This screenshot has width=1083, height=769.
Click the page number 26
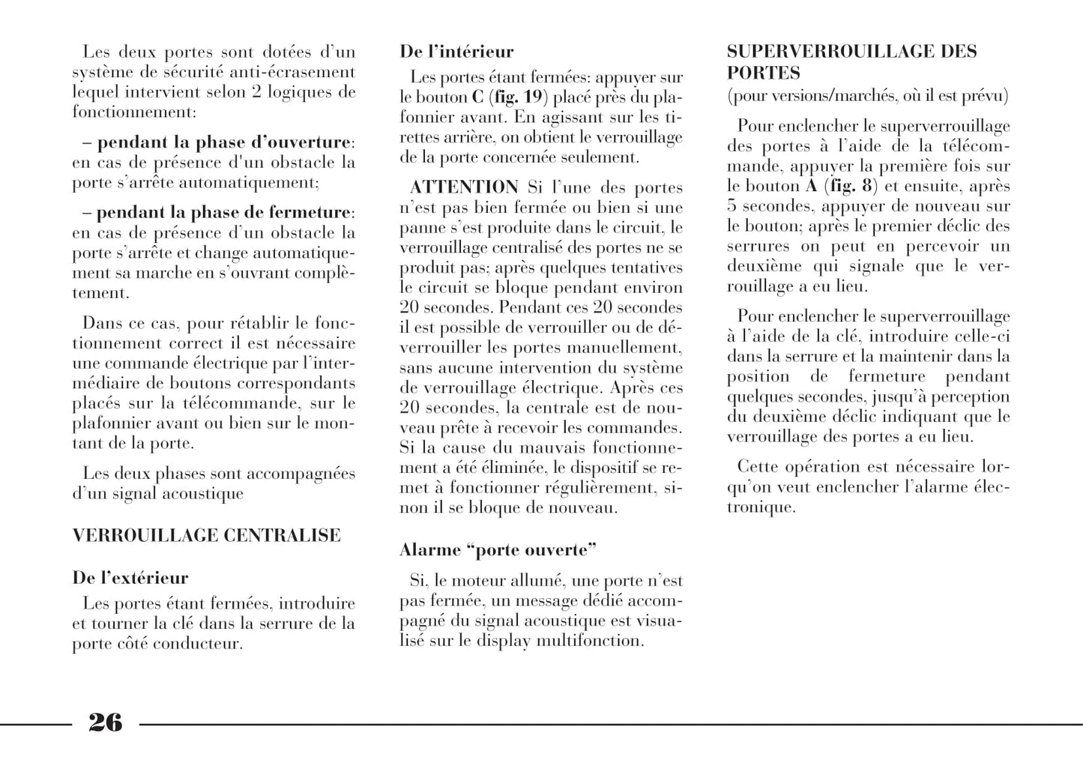[x=105, y=723]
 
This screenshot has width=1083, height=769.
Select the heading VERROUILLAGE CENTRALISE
[x=206, y=535]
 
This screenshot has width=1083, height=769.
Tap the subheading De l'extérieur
[x=130, y=578]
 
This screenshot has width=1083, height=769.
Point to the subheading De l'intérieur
[x=456, y=52]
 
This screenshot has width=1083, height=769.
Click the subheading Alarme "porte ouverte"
[x=498, y=550]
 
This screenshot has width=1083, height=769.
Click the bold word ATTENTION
[x=464, y=187]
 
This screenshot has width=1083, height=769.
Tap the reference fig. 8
[x=851, y=186]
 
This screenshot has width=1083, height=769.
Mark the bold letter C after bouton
[x=477, y=97]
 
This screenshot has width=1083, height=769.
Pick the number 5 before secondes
[x=731, y=206]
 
